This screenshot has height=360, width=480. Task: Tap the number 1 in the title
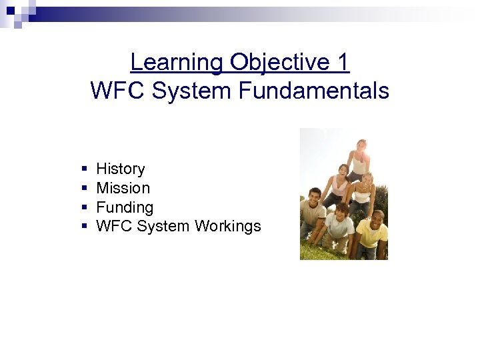(x=343, y=62)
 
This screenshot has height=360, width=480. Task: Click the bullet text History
(x=120, y=169)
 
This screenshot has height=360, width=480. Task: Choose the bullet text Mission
(x=123, y=188)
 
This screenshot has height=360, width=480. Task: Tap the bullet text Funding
(x=125, y=207)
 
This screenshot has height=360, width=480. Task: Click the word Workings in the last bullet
(x=227, y=226)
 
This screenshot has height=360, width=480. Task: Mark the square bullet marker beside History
(x=83, y=169)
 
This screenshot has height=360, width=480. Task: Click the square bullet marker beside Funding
(x=83, y=208)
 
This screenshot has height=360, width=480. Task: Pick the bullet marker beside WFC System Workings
(x=83, y=227)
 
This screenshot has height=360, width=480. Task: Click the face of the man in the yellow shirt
(x=377, y=218)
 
